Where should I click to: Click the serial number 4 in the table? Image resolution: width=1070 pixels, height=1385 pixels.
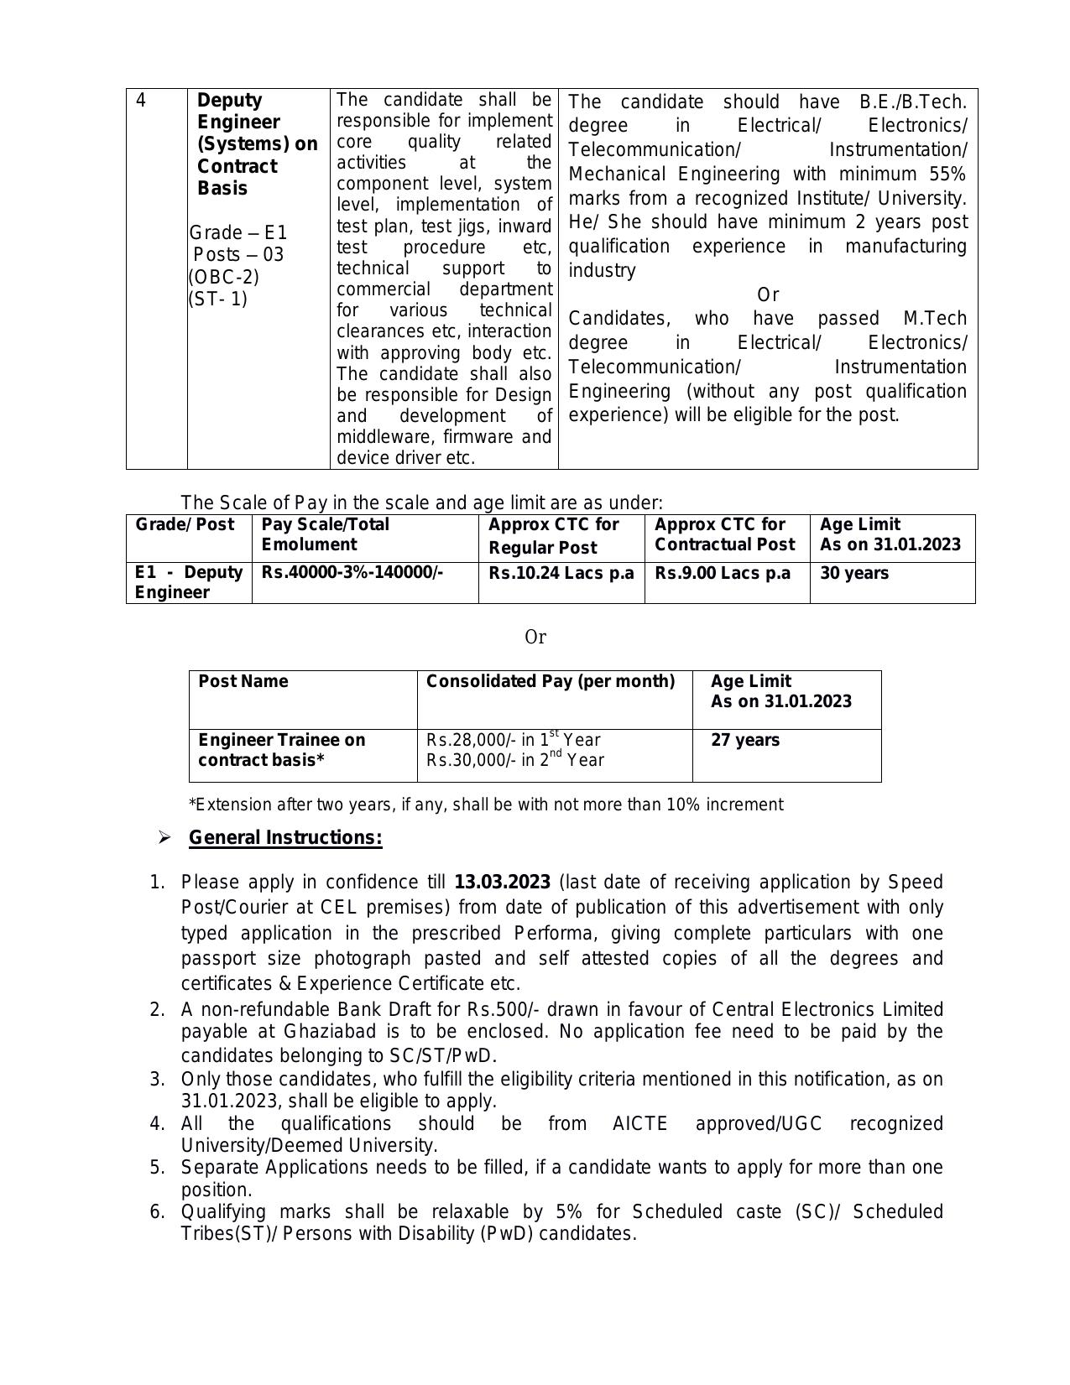tap(141, 101)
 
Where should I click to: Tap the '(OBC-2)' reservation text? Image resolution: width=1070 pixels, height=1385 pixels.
tap(223, 277)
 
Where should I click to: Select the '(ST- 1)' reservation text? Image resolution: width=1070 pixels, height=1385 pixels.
tap(218, 299)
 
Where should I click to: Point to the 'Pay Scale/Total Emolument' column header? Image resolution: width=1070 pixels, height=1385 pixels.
tap(326, 534)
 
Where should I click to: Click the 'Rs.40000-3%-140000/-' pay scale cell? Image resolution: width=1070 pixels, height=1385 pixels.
tap(352, 573)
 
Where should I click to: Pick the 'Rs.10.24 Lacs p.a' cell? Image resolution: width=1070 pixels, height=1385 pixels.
tap(561, 573)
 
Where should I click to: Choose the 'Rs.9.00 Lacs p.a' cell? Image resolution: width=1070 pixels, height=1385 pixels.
tap(723, 573)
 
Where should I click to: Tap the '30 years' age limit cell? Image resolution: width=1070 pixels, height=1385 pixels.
tap(854, 573)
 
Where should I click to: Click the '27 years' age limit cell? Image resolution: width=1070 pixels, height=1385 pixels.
tap(745, 740)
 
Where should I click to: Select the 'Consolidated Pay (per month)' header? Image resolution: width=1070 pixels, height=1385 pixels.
tap(551, 681)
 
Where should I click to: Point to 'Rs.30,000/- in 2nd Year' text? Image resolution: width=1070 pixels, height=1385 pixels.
tap(515, 760)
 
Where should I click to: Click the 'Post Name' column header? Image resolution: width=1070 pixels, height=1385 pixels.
tap(243, 681)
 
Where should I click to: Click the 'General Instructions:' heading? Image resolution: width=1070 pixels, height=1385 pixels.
tap(285, 838)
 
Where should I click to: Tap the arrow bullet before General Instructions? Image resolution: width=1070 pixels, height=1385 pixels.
tap(164, 838)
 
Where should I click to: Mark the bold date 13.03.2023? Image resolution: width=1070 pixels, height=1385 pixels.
tap(502, 883)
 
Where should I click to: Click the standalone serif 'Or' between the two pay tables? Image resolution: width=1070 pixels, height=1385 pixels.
tap(535, 638)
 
